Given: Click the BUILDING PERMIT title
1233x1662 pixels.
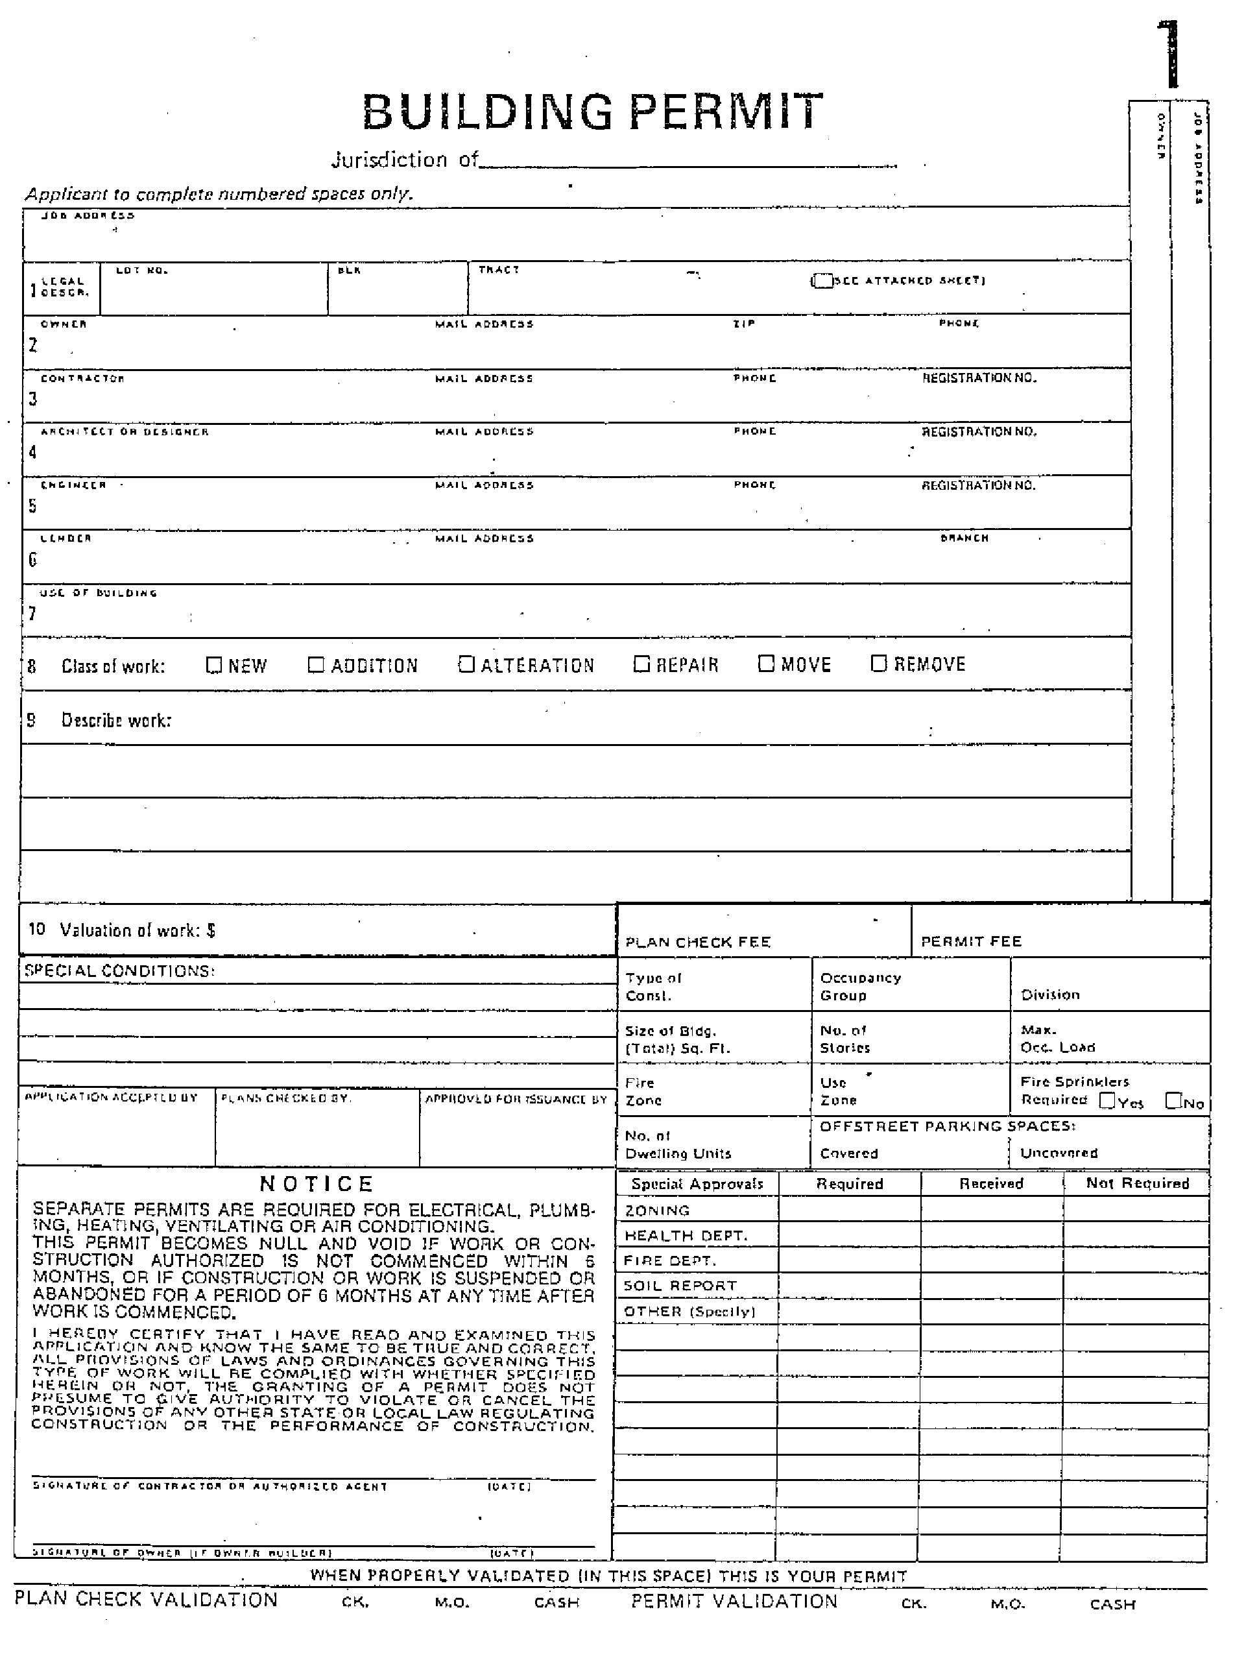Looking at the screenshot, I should click(593, 112).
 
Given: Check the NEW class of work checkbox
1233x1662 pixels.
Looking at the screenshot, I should click(213, 664).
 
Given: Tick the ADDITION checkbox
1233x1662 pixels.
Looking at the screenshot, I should click(317, 664).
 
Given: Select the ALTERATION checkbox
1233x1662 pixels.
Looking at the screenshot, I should click(466, 664).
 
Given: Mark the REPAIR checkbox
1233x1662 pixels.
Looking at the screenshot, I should click(641, 664).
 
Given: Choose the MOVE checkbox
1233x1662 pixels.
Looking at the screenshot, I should click(766, 664).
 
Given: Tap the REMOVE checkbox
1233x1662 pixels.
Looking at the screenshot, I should click(878, 663).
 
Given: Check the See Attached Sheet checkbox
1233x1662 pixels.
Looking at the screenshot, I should click(822, 281).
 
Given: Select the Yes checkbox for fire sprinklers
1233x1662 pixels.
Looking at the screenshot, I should click(1108, 1100).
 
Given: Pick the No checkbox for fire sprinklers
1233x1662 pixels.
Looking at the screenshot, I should click(1173, 1100).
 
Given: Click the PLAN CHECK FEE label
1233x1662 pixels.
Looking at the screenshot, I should click(697, 942).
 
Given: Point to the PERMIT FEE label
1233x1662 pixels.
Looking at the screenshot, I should click(971, 941).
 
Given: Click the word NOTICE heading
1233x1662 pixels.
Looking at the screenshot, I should click(317, 1185).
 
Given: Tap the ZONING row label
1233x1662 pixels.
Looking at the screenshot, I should click(658, 1210).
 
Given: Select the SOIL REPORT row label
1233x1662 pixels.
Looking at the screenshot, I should click(680, 1286).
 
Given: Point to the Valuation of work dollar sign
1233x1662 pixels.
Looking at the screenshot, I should click(211, 930).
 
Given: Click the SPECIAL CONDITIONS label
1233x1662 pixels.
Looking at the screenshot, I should click(119, 970).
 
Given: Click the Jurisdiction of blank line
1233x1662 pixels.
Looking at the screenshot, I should click(687, 164).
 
